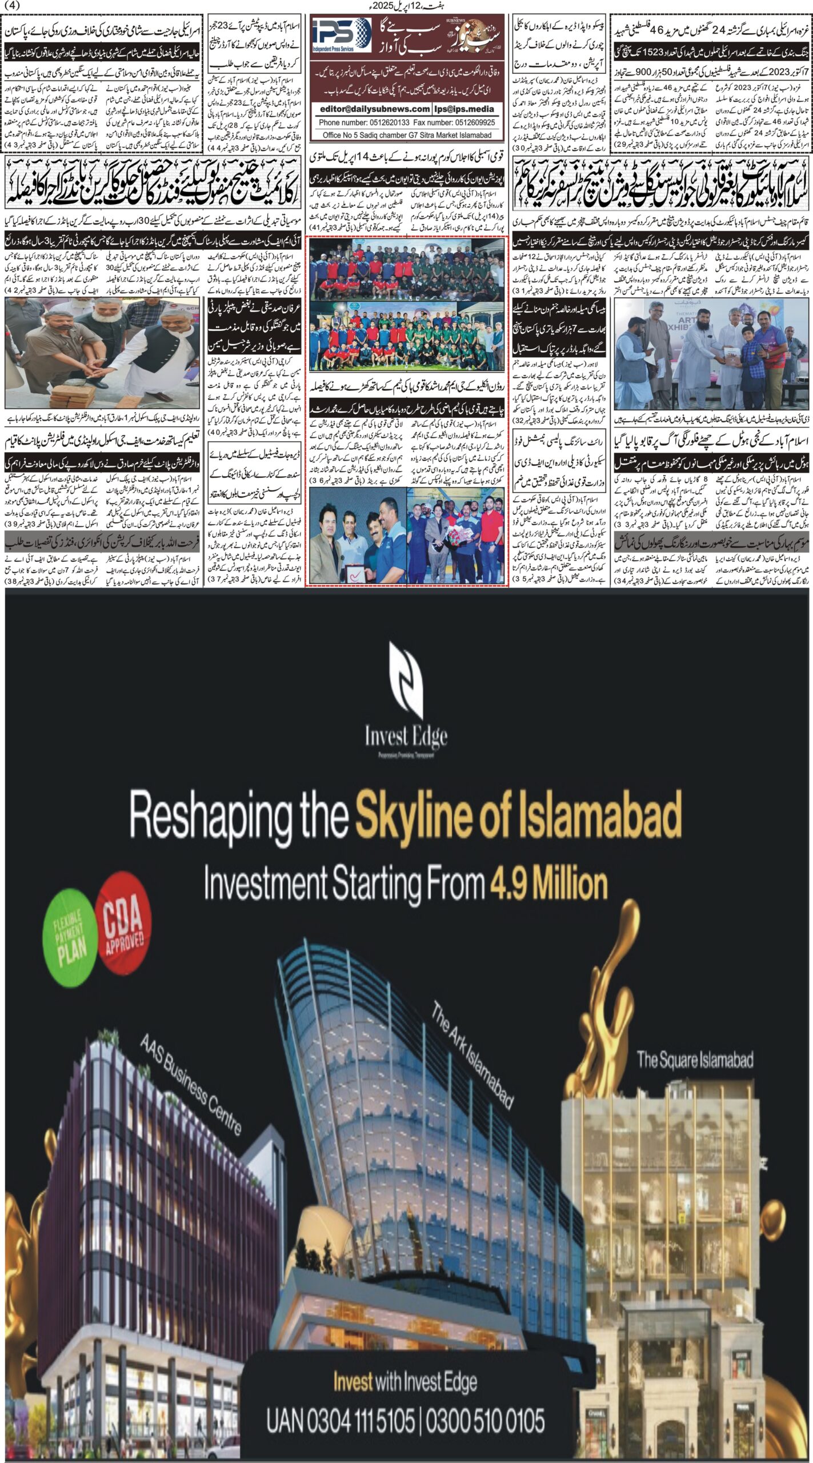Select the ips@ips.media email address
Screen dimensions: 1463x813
click(464, 109)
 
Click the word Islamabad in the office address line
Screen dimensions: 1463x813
click(472, 135)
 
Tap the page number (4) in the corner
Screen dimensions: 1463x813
click(11, 6)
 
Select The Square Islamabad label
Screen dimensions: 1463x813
click(695, 1059)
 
